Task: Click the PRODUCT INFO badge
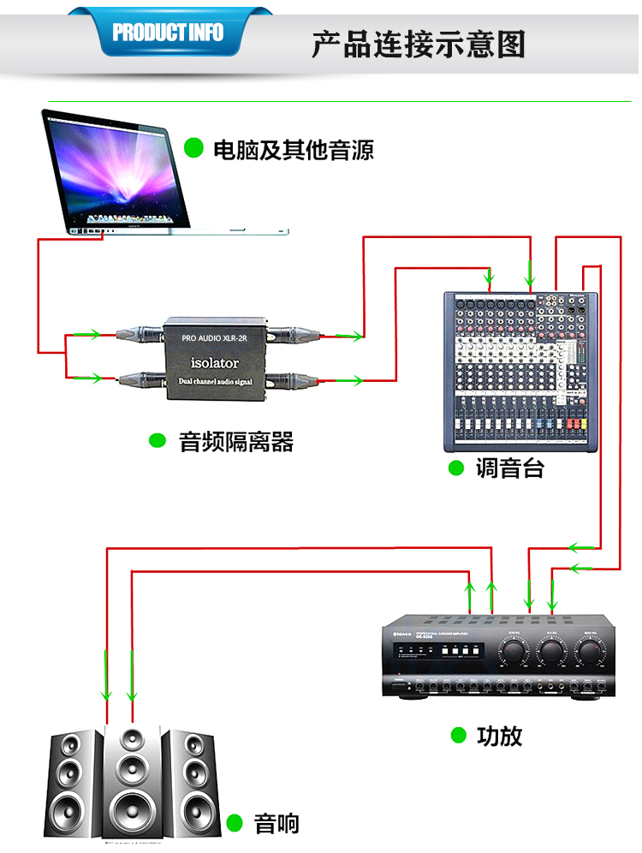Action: point(168,33)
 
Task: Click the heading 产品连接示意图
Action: point(418,44)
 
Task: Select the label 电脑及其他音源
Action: point(293,150)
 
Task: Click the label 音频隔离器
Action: point(235,442)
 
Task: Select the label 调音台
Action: point(509,468)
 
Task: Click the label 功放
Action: point(499,736)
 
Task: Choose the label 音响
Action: point(276,824)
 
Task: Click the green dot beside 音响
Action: point(235,824)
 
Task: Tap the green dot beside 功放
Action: point(459,735)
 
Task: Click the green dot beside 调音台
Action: point(456,468)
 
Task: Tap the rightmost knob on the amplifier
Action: point(588,653)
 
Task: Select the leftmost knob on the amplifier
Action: point(514,653)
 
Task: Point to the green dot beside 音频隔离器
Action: point(158,441)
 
